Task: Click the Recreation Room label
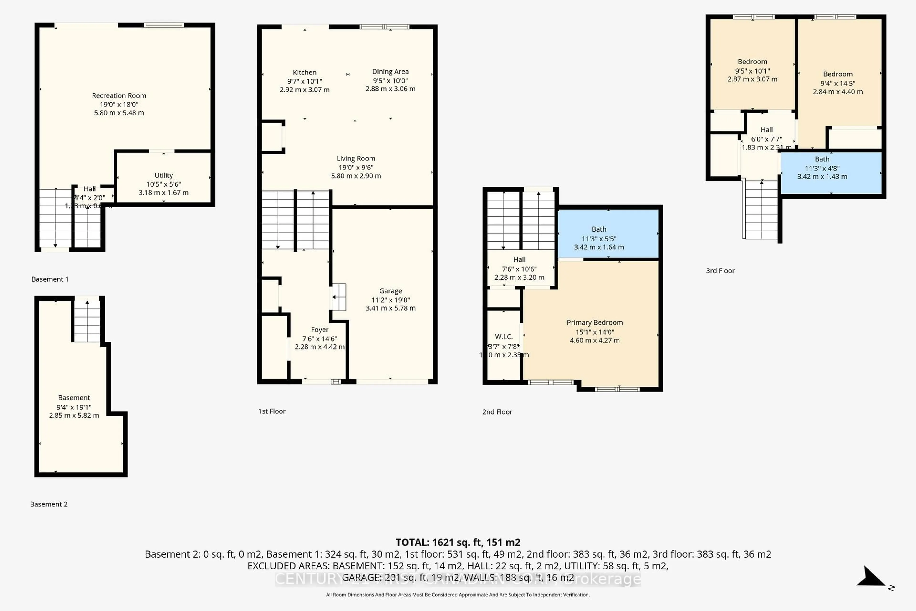coord(119,95)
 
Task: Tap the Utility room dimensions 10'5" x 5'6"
coord(164,184)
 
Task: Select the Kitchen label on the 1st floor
coord(305,73)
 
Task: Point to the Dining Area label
coord(390,72)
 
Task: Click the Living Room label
coord(356,158)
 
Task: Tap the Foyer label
coord(319,330)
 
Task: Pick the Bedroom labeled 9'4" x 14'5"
coord(838,74)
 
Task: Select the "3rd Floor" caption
coord(720,271)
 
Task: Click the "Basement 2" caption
coord(49,504)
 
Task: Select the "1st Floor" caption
coord(272,411)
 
